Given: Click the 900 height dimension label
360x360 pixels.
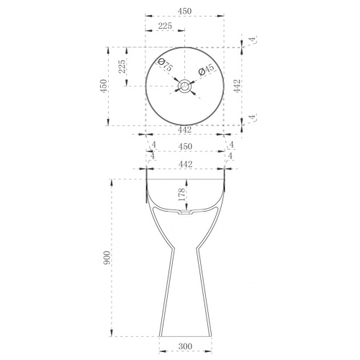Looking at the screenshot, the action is coord(107,258).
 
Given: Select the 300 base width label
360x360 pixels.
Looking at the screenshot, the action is coord(185,346).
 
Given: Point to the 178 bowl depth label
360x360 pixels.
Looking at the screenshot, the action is coord(181,194).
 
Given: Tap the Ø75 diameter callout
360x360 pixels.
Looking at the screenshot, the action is coord(165,65).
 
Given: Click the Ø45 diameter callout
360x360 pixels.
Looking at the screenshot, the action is coord(206,70).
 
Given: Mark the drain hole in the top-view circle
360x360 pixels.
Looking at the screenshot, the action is coord(184,86).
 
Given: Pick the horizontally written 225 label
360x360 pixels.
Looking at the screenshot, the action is coord(165,25).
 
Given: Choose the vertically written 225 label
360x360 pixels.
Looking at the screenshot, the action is coord(122,66).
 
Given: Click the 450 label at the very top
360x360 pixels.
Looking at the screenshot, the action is coord(185,11).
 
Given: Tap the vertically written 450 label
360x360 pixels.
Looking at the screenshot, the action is coord(104,86).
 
